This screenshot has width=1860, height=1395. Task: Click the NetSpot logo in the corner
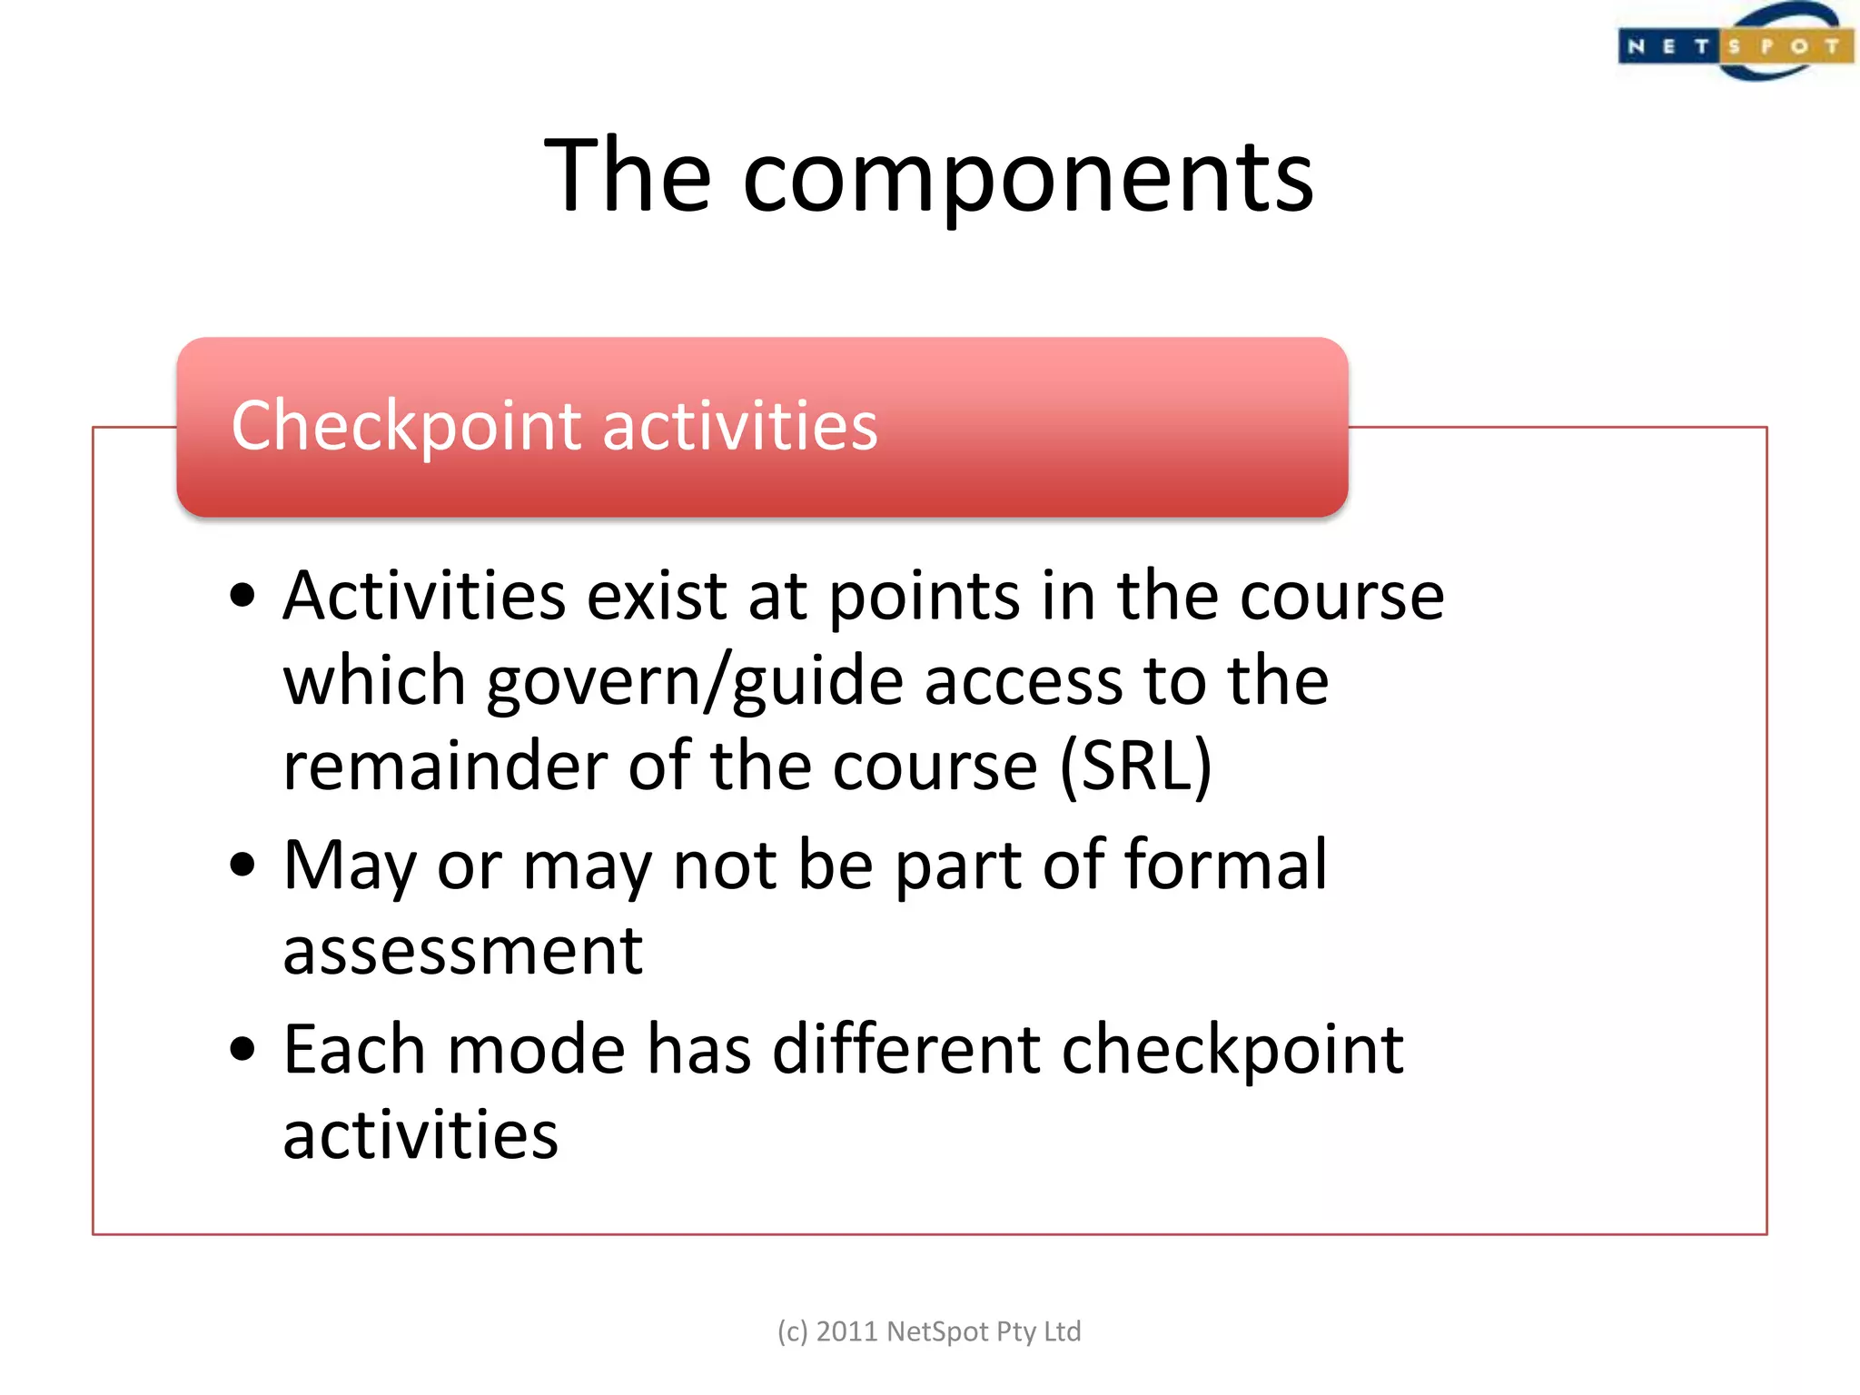coord(1735,44)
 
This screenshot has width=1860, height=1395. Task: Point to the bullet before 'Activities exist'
coord(242,597)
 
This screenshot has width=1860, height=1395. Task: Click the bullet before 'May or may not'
coord(242,865)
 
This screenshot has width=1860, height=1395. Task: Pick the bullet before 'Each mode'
coord(242,1050)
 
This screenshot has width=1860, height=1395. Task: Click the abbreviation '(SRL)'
coord(1135,766)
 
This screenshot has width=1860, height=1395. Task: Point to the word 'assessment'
coord(463,951)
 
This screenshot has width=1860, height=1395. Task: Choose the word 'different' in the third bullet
coord(905,1050)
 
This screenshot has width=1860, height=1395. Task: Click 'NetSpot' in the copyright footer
coord(936,1331)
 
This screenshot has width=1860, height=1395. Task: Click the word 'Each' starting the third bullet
coord(354,1050)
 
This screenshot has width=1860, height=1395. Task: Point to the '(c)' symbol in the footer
coord(792,1331)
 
